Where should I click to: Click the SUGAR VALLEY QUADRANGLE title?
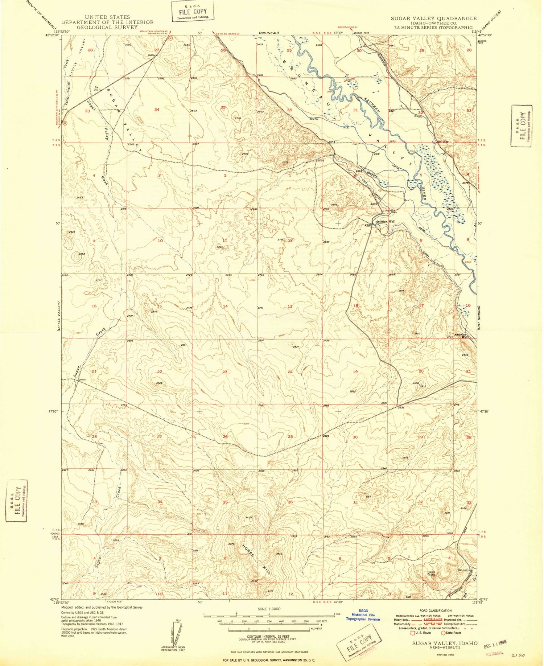tap(433, 18)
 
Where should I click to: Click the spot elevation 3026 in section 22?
tap(158, 383)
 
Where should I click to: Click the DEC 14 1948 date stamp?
tap(495, 642)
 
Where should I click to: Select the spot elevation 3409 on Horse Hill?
tap(249, 518)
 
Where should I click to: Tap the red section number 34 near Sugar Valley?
tap(157, 110)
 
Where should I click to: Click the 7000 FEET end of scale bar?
tap(321, 621)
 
